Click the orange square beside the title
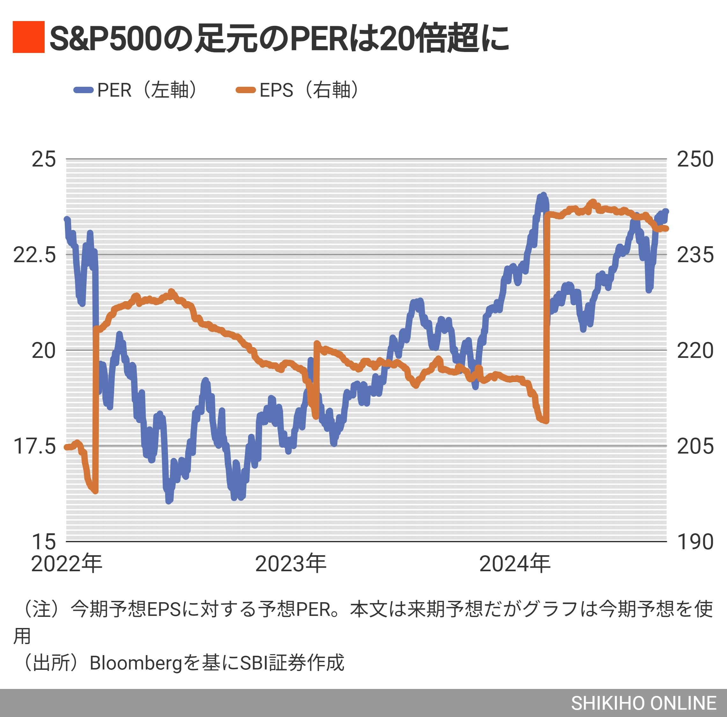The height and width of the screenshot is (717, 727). click(x=29, y=37)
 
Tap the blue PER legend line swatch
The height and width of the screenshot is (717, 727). click(x=83, y=90)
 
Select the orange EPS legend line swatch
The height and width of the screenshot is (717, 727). click(x=245, y=90)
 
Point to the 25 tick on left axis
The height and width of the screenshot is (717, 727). click(x=44, y=159)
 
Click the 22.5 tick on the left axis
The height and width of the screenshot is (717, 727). click(x=35, y=255)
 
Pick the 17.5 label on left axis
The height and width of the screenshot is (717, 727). click(x=35, y=447)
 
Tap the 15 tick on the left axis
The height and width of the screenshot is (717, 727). click(x=44, y=542)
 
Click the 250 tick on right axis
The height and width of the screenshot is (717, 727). click(x=695, y=159)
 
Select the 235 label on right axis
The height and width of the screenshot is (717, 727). click(x=695, y=255)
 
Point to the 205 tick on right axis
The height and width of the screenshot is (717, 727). click(x=695, y=447)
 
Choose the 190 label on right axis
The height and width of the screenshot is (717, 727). click(x=695, y=542)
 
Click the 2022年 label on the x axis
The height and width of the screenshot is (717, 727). click(x=67, y=564)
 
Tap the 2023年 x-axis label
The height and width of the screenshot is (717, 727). click(x=290, y=564)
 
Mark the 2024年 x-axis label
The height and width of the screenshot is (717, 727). click(x=515, y=564)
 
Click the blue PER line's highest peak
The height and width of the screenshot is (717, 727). click(x=543, y=195)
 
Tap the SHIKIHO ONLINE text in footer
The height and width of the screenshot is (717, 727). click(x=643, y=703)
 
